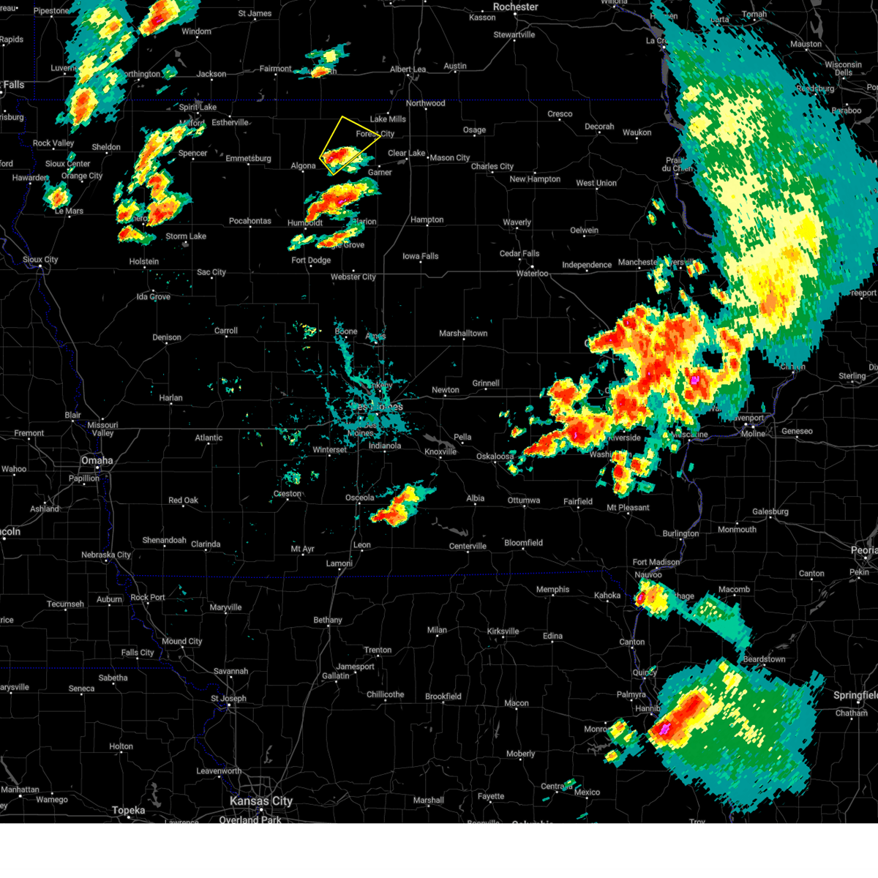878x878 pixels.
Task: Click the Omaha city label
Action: (97, 460)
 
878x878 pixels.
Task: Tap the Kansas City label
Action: (261, 801)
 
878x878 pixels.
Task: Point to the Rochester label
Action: (515, 7)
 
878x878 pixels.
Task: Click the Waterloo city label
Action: (532, 274)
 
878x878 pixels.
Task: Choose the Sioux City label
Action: (40, 260)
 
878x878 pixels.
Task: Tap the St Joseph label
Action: (228, 698)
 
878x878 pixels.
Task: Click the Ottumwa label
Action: (524, 500)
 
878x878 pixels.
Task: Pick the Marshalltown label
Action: (463, 334)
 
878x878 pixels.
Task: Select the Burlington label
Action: (680, 533)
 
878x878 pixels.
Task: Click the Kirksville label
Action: (503, 631)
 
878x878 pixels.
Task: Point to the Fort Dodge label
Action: (311, 260)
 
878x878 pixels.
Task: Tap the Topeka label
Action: (129, 810)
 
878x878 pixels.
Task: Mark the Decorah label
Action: (599, 127)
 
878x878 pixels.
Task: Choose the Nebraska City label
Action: (106, 555)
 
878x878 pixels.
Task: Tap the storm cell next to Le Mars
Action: (56, 195)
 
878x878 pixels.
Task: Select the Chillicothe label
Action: (385, 694)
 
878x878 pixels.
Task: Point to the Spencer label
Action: (193, 154)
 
